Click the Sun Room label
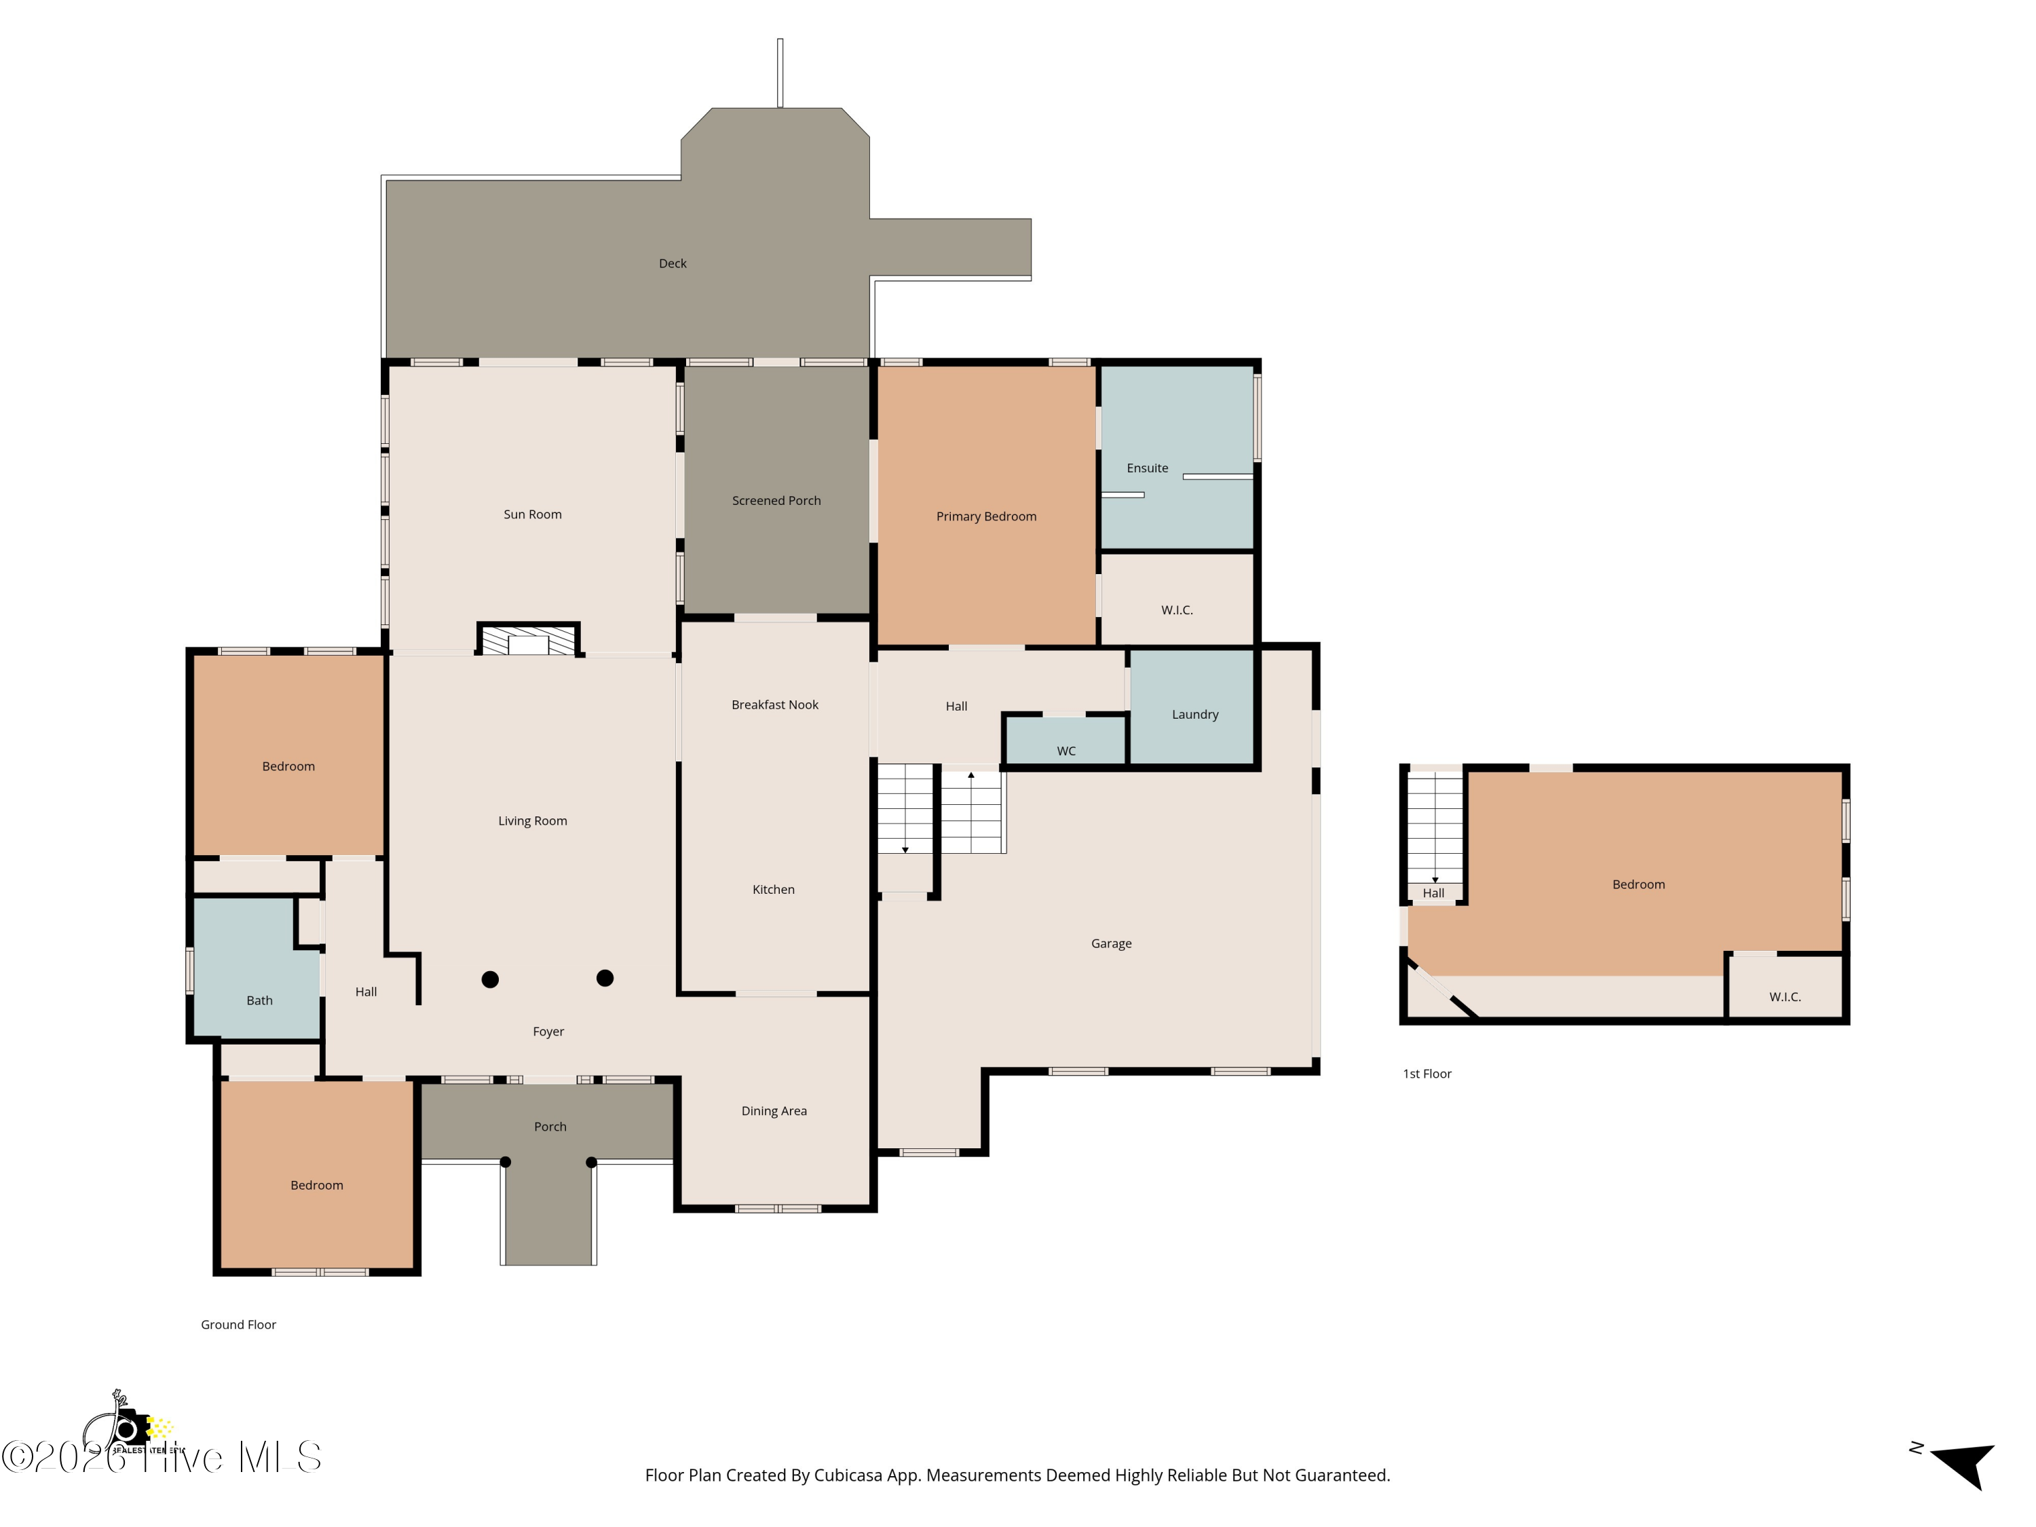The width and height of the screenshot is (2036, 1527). pyautogui.click(x=532, y=514)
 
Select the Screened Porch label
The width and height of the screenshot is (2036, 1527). pyautogui.click(x=776, y=501)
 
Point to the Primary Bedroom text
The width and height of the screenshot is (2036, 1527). pyautogui.click(x=986, y=516)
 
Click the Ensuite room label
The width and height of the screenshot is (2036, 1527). pyautogui.click(x=1147, y=468)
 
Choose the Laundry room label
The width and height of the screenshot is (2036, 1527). pyautogui.click(x=1194, y=714)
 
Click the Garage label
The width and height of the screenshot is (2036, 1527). pyautogui.click(x=1111, y=943)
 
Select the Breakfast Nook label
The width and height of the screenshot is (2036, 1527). pyautogui.click(x=774, y=705)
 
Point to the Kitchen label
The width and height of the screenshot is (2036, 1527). pyautogui.click(x=773, y=889)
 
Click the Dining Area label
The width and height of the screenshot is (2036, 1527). pyautogui.click(x=774, y=1111)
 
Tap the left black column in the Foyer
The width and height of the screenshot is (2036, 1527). pyautogui.click(x=491, y=979)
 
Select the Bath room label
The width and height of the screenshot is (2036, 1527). pyautogui.click(x=259, y=1000)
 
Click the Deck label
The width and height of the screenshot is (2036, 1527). pyautogui.click(x=672, y=263)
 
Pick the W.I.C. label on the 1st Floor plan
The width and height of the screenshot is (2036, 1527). pyautogui.click(x=1785, y=997)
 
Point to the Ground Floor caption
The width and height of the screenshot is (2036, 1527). pyautogui.click(x=238, y=1325)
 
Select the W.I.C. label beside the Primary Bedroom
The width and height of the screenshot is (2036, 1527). pyautogui.click(x=1176, y=610)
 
